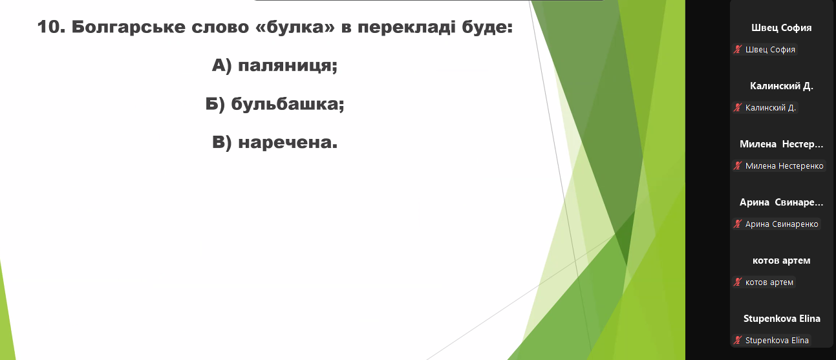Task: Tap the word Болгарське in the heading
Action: pos(129,28)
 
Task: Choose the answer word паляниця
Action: pos(287,66)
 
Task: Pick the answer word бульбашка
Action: pos(287,103)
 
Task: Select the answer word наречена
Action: pos(288,142)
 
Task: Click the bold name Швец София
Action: pos(781,28)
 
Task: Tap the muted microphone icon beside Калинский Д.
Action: pos(738,107)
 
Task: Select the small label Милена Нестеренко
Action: pos(784,165)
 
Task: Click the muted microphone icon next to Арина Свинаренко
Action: pos(738,224)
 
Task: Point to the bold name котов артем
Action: pos(781,260)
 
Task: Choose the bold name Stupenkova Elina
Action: pos(782,319)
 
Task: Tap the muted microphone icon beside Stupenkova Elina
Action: pos(738,340)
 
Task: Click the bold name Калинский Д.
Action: pos(781,86)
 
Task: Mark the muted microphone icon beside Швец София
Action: pos(738,49)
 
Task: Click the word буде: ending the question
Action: pos(488,28)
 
